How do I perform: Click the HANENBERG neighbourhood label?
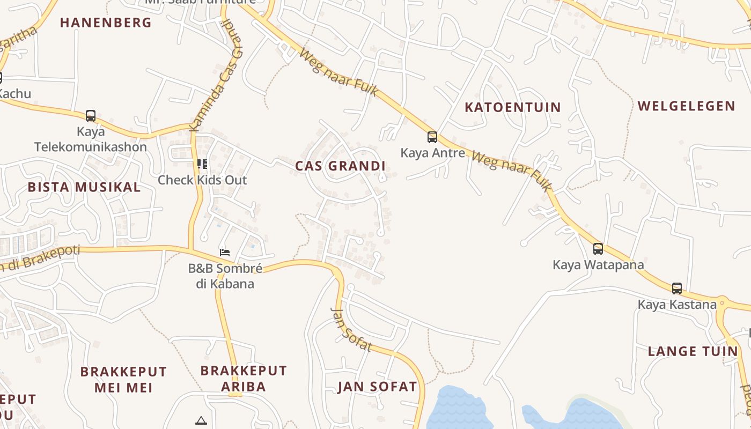click(x=106, y=23)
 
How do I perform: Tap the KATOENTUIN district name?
click(x=512, y=107)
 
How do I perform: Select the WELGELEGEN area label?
click(x=686, y=106)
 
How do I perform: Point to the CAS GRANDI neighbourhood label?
click(x=340, y=166)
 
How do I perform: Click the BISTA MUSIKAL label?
click(x=84, y=187)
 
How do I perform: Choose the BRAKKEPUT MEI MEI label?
click(x=123, y=379)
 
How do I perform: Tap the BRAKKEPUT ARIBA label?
click(x=244, y=379)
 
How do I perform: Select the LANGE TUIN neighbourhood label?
click(x=693, y=352)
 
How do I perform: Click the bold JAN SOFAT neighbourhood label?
click(x=377, y=387)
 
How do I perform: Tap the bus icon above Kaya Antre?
click(x=432, y=137)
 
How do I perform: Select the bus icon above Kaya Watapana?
click(x=598, y=249)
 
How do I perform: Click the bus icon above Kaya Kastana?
click(x=677, y=289)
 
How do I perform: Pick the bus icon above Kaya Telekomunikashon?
click(x=91, y=116)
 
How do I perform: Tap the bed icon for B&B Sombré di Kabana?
click(x=225, y=252)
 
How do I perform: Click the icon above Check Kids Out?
click(x=202, y=164)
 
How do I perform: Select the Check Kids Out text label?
click(x=202, y=180)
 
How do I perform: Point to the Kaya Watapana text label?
click(x=598, y=265)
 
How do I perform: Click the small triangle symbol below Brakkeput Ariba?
click(x=201, y=420)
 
